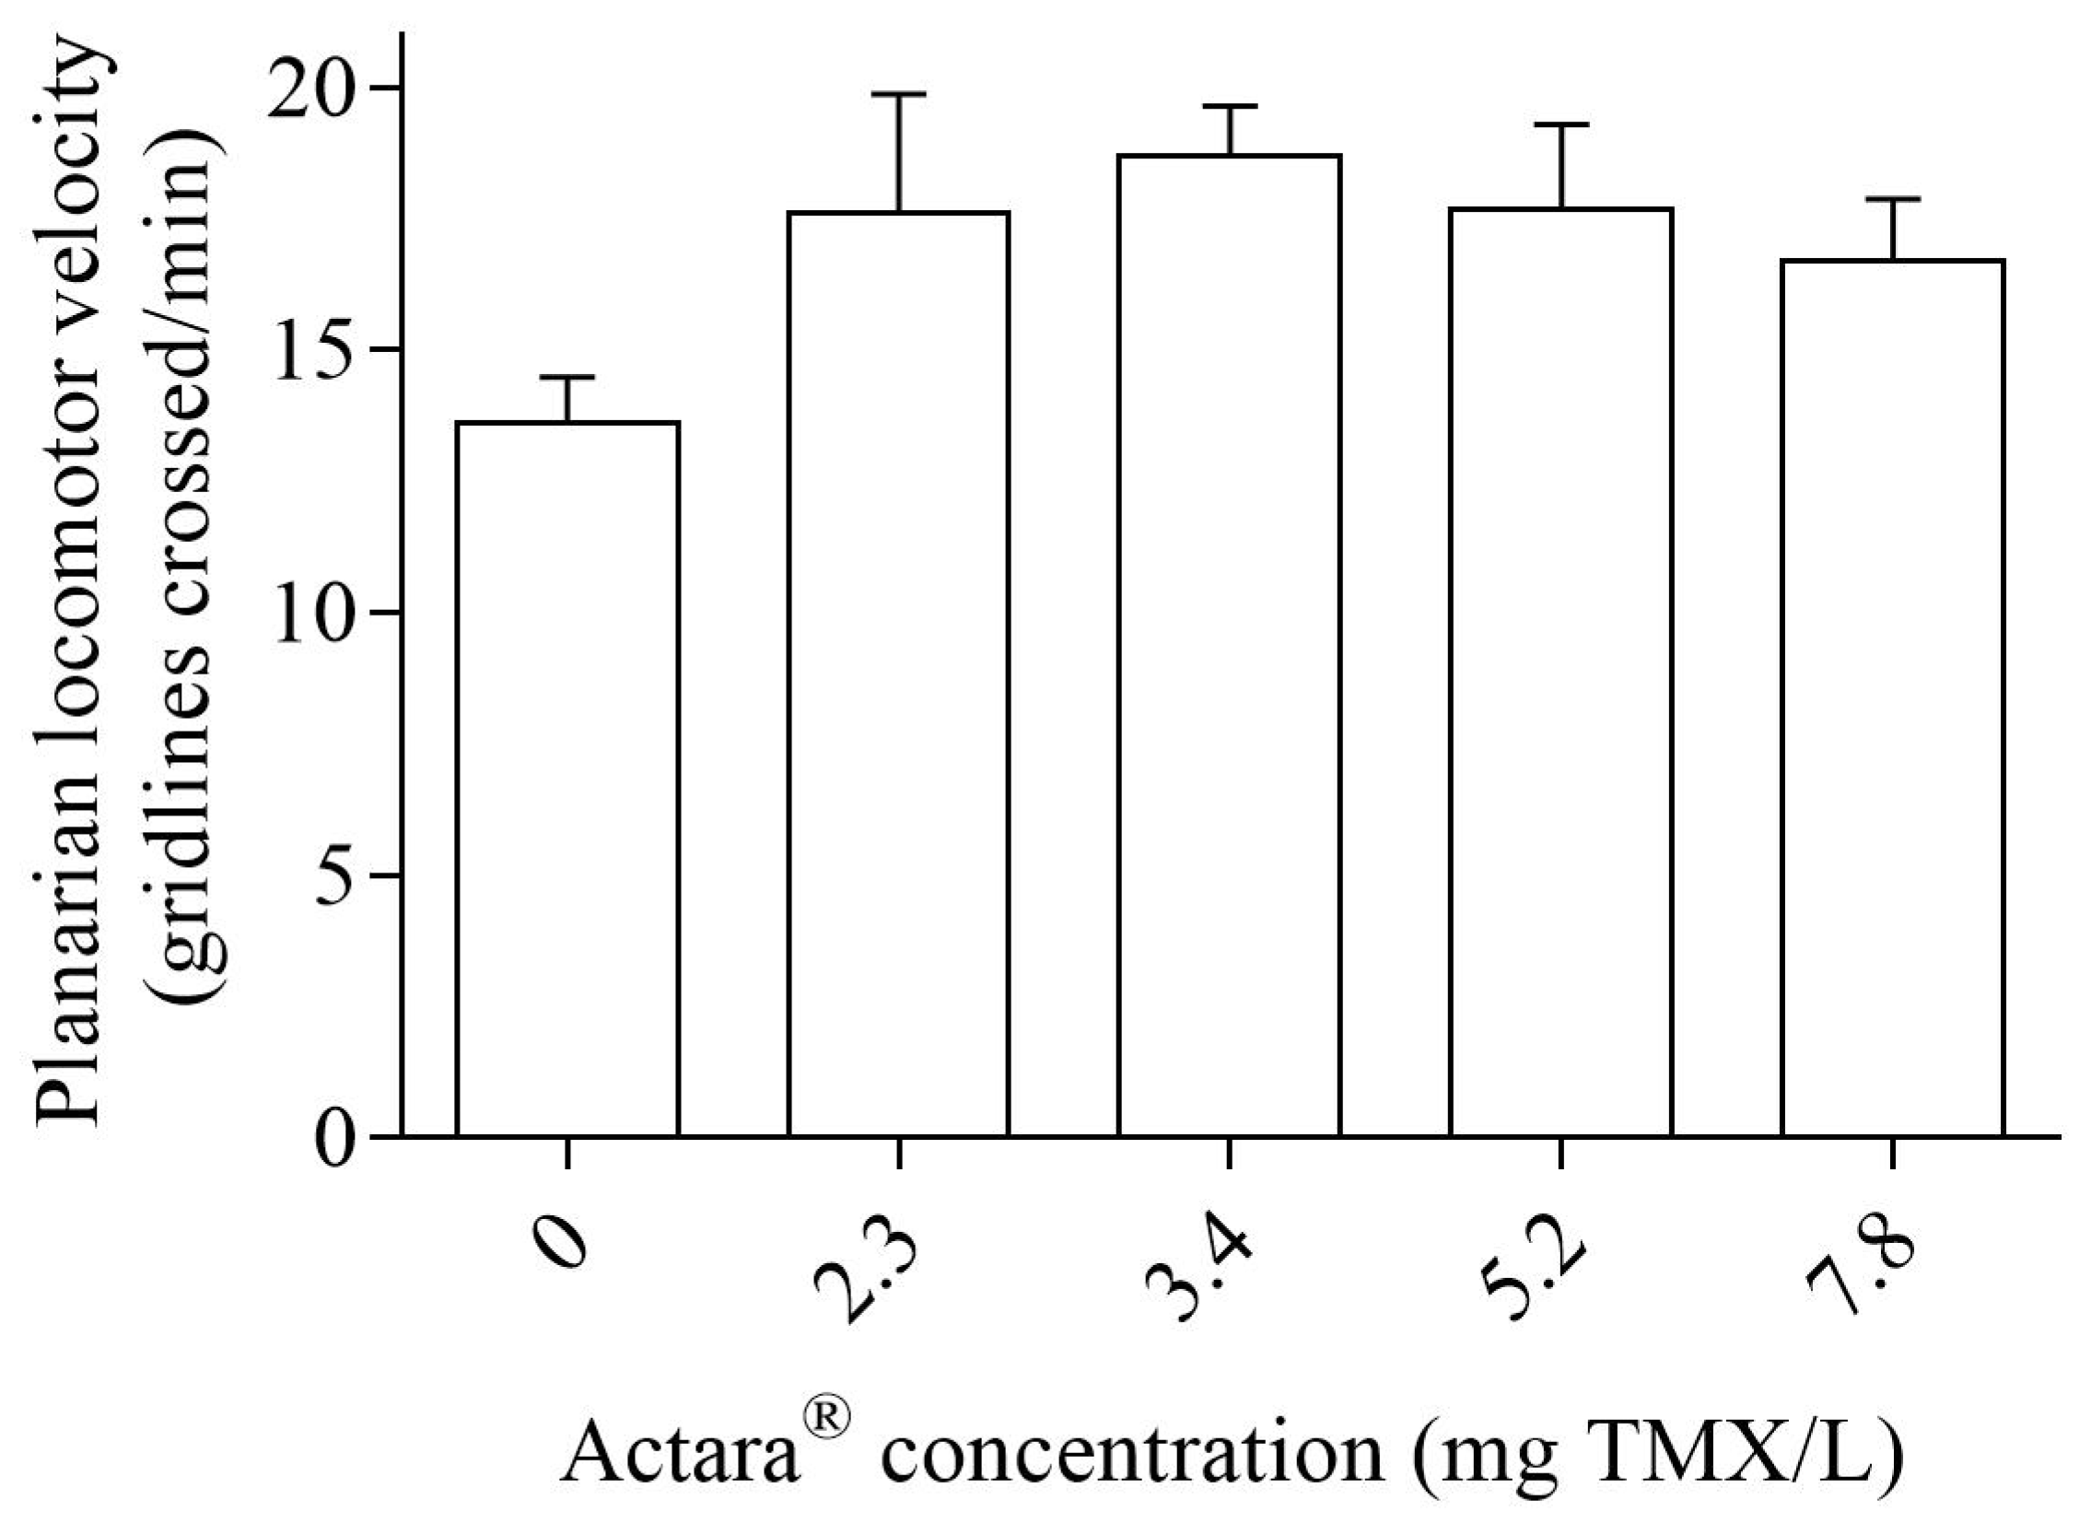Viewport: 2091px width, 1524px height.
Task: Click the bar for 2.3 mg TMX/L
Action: click(897, 674)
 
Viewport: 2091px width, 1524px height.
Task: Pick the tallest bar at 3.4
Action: click(1229, 645)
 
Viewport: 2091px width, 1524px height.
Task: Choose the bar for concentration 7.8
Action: click(1892, 698)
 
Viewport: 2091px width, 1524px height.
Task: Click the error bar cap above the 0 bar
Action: click(567, 377)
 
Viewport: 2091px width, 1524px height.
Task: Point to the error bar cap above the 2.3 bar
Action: click(897, 94)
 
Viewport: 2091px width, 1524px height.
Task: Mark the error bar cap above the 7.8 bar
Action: click(1892, 199)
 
